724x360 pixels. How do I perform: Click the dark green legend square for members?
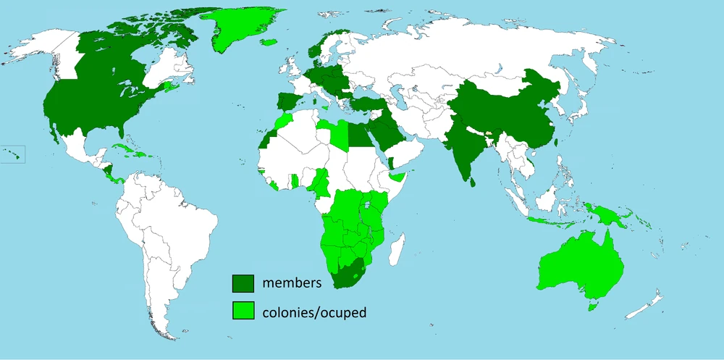coord(243,283)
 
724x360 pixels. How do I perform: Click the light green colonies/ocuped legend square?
coord(243,311)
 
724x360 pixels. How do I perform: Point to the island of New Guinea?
coord(608,214)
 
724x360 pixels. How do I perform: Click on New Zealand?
coord(648,304)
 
